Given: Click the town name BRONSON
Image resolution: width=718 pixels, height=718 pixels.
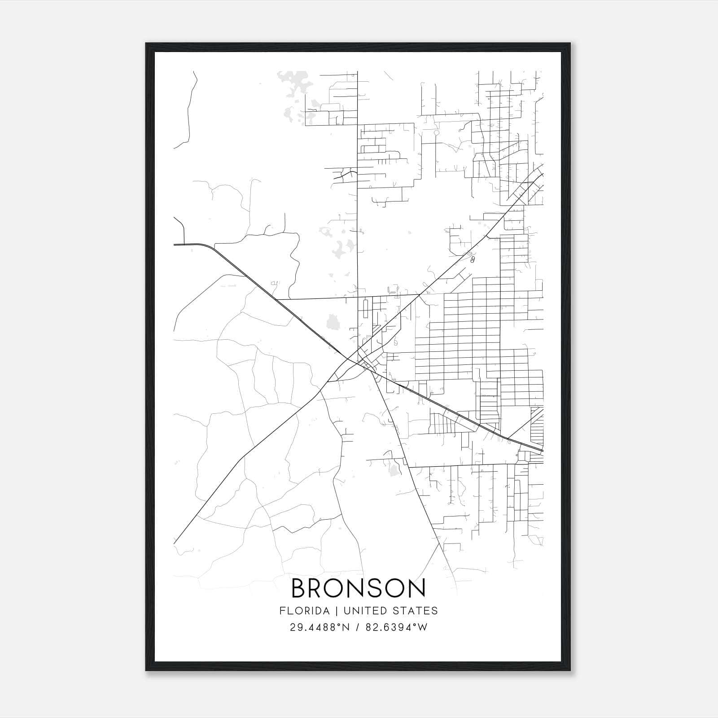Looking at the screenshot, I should point(359,588).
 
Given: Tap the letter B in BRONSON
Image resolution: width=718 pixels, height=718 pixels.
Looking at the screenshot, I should point(300,588).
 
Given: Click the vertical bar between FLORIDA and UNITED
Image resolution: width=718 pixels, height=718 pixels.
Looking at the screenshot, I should point(329,611).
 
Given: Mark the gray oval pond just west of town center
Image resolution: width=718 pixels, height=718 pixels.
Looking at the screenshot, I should point(333,321).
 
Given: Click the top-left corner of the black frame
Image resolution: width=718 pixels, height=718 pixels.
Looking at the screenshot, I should point(146,44).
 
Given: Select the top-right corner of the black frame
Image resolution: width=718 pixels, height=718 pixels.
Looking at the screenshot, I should point(570,44).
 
